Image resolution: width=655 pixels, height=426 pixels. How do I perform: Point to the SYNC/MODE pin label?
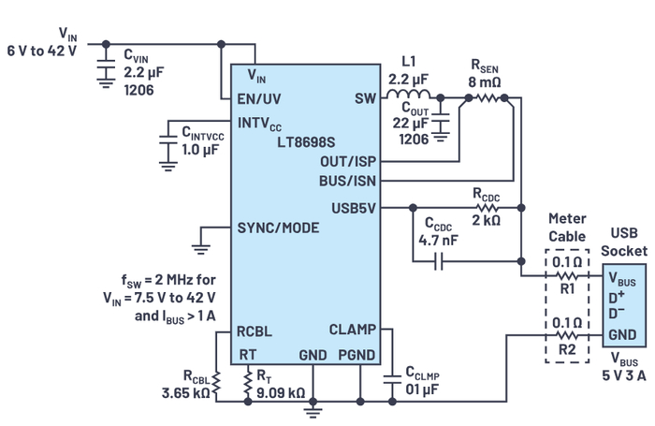(277, 228)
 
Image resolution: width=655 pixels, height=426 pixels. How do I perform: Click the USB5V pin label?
(354, 208)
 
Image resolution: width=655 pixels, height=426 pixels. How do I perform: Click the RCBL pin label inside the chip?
(255, 330)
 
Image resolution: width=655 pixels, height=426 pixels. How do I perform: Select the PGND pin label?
(356, 355)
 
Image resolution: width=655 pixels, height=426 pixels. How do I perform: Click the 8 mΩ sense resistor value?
(485, 81)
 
